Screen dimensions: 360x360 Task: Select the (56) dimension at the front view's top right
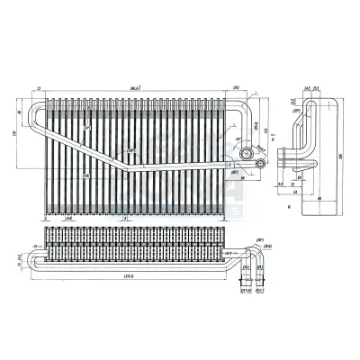tap(235, 88)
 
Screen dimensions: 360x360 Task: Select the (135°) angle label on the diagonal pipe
tap(133, 149)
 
